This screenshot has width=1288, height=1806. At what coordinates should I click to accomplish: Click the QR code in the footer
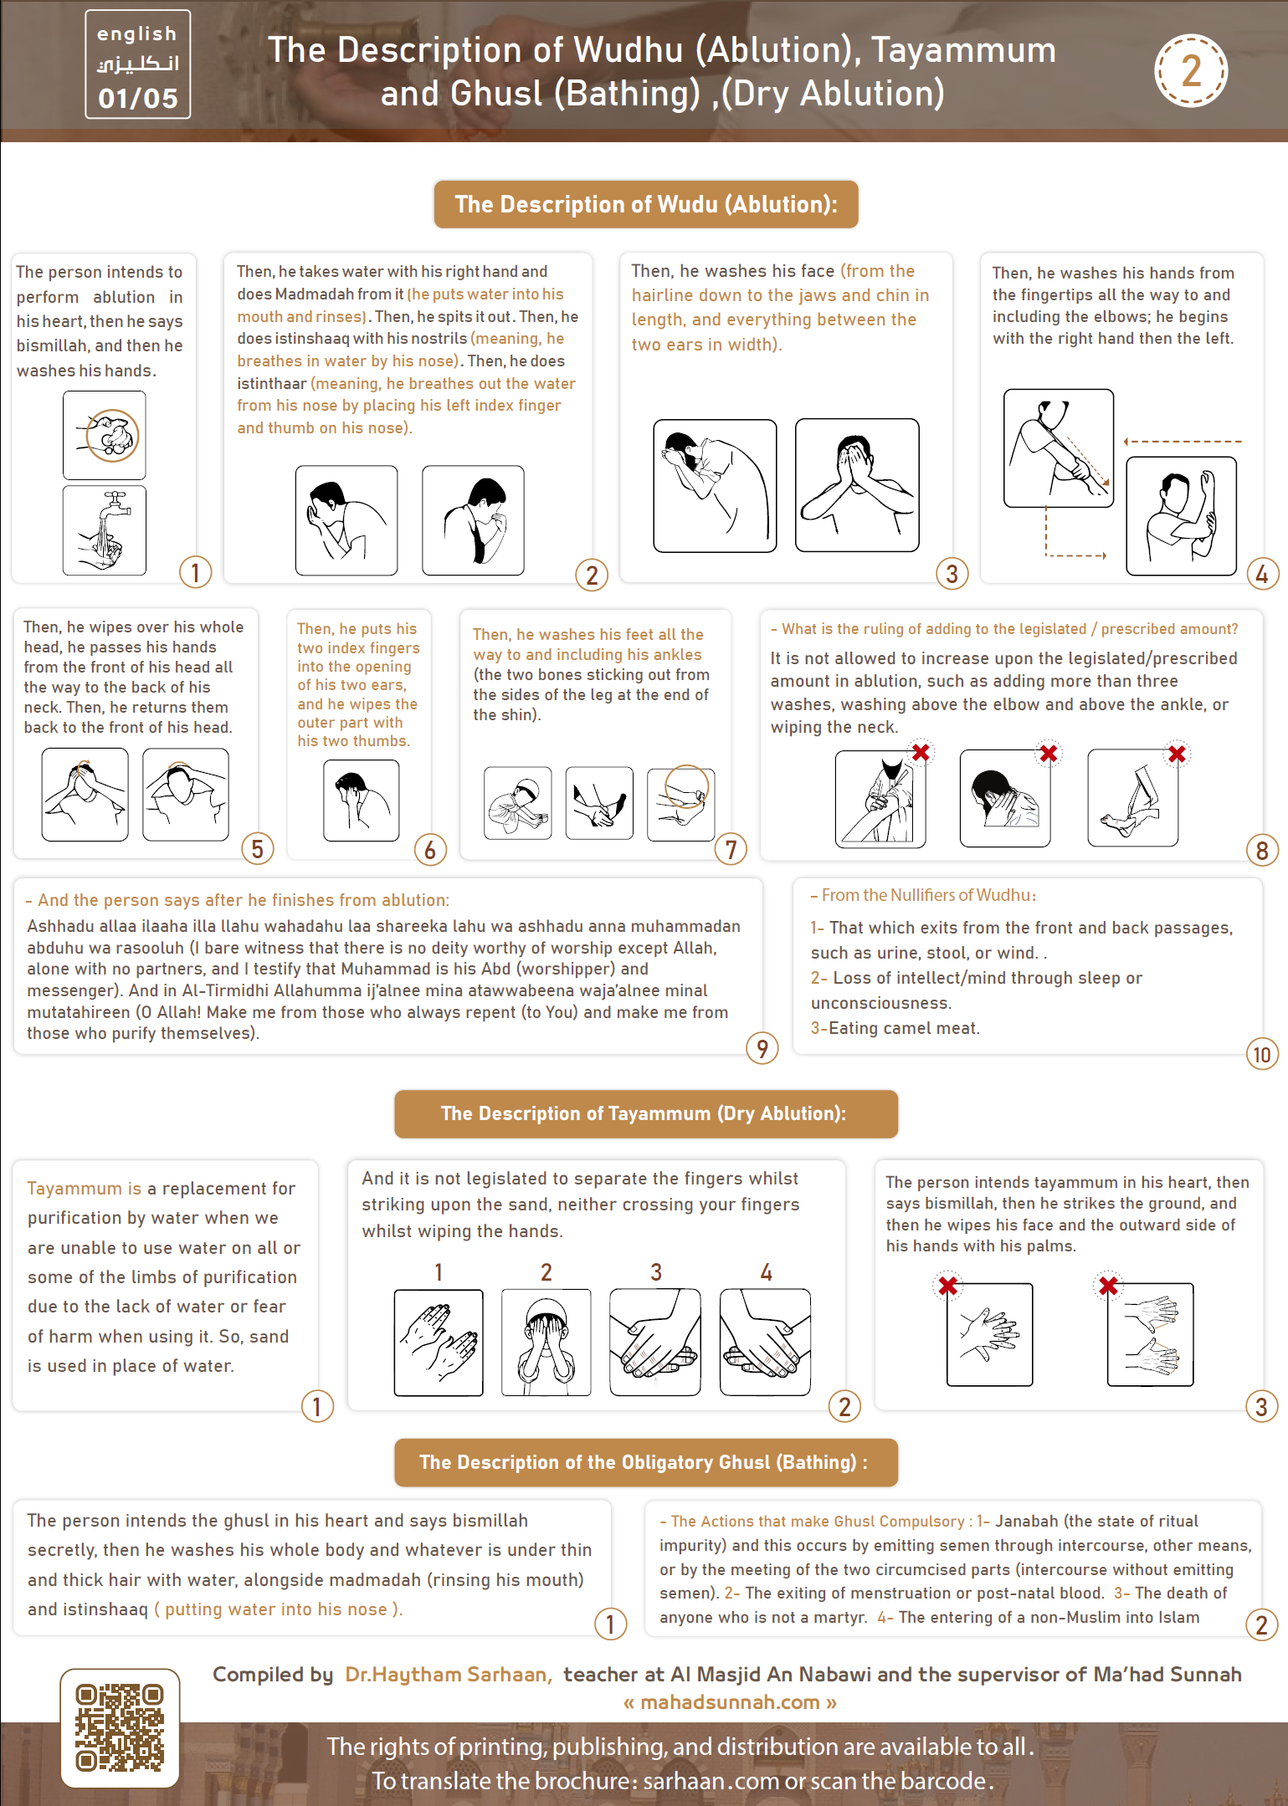[x=119, y=1727]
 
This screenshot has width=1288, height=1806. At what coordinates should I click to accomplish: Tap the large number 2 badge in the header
[x=1190, y=70]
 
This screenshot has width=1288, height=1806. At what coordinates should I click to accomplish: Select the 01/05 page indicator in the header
[x=138, y=98]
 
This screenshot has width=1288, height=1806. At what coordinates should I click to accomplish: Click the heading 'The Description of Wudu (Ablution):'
[x=646, y=204]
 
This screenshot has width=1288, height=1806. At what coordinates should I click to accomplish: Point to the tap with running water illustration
[x=105, y=530]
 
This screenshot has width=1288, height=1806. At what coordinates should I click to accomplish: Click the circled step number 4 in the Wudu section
[x=1262, y=574]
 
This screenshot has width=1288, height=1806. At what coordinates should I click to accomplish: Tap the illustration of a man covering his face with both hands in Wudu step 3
[x=857, y=485]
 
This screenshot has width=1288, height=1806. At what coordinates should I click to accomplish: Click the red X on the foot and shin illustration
[x=1177, y=754]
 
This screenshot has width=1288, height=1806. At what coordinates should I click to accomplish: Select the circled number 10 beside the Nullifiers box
[x=1262, y=1054]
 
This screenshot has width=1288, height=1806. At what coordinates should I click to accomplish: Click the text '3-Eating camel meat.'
[x=895, y=1028]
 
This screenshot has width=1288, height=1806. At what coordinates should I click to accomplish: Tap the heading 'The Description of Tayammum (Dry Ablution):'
[x=646, y=1113]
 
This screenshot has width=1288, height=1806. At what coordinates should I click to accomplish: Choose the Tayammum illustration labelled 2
[x=546, y=1342]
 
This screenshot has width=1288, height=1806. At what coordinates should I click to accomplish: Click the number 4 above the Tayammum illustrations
[x=766, y=1272]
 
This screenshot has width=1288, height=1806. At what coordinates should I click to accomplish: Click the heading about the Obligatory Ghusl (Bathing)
[x=646, y=1462]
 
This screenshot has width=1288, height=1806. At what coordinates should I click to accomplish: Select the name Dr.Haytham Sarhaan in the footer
[x=448, y=1674]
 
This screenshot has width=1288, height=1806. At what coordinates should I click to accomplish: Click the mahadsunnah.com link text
[x=730, y=1702]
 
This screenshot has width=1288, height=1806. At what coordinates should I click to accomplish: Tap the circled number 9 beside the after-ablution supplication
[x=762, y=1047]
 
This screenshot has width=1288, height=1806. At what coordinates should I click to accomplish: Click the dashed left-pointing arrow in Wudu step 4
[x=1183, y=441]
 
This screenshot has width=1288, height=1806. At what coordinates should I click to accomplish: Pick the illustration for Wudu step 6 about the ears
[x=362, y=800]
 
